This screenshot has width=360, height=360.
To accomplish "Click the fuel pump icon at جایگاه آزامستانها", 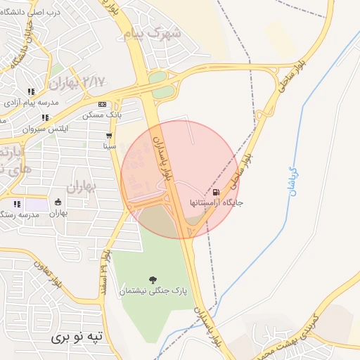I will (214, 191).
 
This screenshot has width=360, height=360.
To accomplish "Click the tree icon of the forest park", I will (153, 280).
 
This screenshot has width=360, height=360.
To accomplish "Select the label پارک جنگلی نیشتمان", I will (153, 290).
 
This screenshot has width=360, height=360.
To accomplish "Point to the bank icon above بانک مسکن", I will (102, 103).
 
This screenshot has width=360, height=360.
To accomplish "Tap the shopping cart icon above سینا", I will (109, 136).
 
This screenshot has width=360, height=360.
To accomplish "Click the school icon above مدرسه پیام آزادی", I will (31, 91).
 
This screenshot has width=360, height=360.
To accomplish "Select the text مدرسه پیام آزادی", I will (31, 103).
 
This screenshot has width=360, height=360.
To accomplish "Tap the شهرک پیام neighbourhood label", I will (153, 33).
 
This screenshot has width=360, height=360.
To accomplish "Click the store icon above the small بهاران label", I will (58, 202).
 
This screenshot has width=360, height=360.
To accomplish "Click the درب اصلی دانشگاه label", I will (36, 13).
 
